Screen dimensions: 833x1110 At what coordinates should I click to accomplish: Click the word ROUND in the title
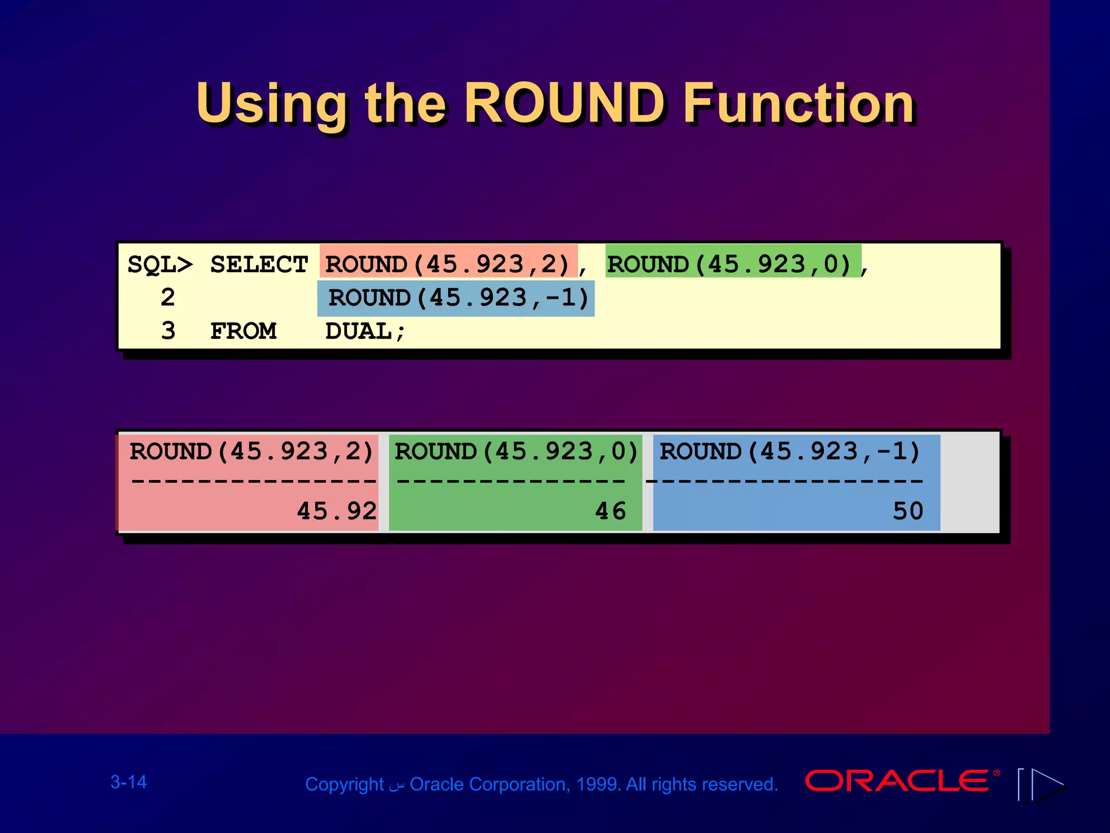pyautogui.click(x=565, y=103)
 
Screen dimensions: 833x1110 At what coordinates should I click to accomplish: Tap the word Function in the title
pyautogui.click(x=799, y=103)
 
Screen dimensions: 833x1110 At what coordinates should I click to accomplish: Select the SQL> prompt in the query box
pyautogui.click(x=160, y=265)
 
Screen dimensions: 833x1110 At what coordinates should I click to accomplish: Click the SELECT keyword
pyautogui.click(x=259, y=265)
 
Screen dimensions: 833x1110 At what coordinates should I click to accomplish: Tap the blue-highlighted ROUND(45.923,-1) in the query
pyautogui.click(x=458, y=298)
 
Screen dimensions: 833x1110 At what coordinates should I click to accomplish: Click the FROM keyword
pyautogui.click(x=243, y=331)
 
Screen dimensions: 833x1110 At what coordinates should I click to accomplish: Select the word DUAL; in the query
pyautogui.click(x=365, y=331)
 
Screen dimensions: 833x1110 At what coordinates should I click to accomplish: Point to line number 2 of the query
pyautogui.click(x=168, y=298)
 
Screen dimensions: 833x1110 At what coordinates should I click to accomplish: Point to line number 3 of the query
pyautogui.click(x=168, y=331)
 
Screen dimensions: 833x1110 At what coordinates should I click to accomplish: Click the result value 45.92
pyautogui.click(x=337, y=511)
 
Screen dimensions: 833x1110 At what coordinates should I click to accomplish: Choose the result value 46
pyautogui.click(x=610, y=511)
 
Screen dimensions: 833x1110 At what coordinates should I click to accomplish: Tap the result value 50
pyautogui.click(x=908, y=511)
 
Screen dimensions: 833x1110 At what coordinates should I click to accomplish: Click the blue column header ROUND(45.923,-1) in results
pyautogui.click(x=790, y=452)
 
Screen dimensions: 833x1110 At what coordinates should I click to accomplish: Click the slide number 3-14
pyautogui.click(x=128, y=782)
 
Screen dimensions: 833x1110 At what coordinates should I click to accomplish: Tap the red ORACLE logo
pyautogui.click(x=897, y=781)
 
